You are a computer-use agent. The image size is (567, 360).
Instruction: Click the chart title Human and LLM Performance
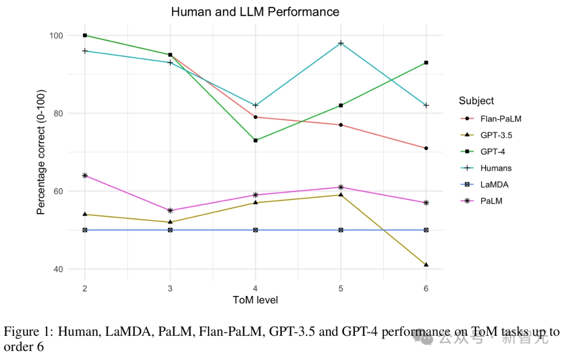point(255,12)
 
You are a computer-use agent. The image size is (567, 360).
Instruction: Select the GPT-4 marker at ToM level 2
point(85,35)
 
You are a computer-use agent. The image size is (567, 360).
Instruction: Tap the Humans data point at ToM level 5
point(341,43)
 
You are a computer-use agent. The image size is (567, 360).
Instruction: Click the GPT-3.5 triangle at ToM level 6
point(426,264)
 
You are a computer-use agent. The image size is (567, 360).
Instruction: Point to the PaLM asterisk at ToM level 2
point(85,175)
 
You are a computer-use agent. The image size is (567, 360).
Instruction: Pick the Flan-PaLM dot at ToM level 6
point(426,148)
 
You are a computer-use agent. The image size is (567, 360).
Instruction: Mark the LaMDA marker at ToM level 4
point(256,230)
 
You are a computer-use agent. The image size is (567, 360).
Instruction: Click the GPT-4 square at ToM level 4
point(256,140)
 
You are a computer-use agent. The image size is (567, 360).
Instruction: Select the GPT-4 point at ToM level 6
point(426,62)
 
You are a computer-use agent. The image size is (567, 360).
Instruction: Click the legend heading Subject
point(476,101)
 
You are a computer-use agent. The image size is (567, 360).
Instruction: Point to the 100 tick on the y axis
point(56,36)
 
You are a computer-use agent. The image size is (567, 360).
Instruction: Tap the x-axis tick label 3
point(170,288)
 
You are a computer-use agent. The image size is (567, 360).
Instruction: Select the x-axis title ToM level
point(255,300)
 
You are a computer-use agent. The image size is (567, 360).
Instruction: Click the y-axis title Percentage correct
point(41,152)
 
